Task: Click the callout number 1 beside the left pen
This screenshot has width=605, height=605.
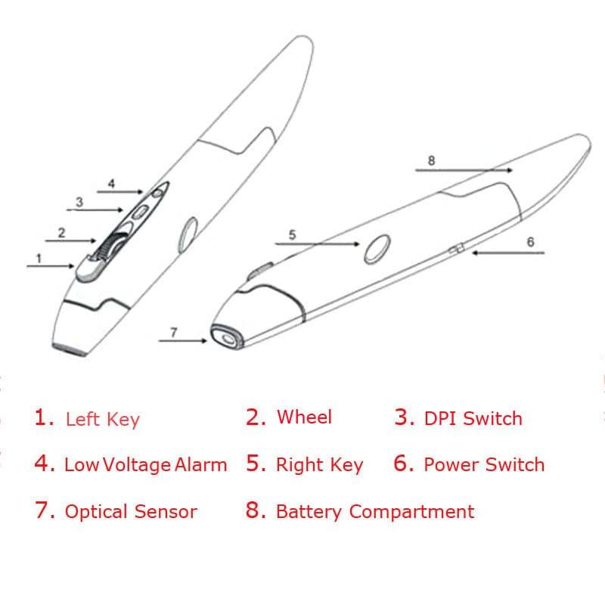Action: pos(39,258)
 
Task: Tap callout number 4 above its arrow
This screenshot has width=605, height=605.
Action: pos(111,183)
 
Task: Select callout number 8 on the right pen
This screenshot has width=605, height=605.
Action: pos(431,160)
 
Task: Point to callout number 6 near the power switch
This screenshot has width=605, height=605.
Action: pos(530,242)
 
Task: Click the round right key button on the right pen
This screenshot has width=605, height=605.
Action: pos(377,249)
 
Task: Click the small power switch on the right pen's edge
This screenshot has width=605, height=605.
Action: pos(456,249)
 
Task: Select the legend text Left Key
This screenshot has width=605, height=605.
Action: pos(102,419)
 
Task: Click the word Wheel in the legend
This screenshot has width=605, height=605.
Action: pos(304,417)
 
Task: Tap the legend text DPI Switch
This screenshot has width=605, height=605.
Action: pos(473,418)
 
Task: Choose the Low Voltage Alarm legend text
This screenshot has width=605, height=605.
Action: pos(145,465)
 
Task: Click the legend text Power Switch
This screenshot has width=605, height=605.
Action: pos(484,464)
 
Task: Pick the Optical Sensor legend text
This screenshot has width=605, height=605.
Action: pos(130,512)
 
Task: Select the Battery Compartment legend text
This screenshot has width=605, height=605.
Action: pos(375,512)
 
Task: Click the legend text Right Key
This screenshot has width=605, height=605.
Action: pos(319,465)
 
